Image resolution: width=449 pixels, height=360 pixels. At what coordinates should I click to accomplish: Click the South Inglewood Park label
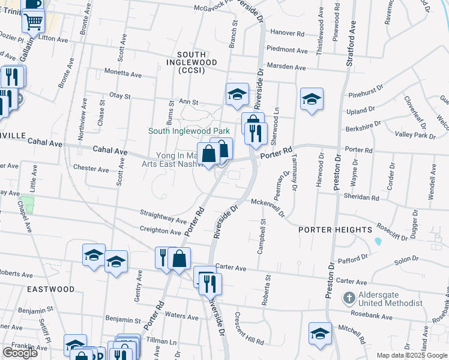tap(190, 131)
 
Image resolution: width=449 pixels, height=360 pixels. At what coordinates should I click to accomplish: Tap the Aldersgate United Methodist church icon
tap(349, 297)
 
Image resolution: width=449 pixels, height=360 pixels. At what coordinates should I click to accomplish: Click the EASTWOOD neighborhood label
tap(51, 289)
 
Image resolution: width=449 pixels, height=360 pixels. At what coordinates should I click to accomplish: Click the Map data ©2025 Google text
tap(412, 355)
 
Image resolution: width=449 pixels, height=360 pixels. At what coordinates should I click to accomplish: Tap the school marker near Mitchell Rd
tap(320, 334)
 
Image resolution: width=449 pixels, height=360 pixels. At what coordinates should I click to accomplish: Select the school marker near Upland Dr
tap(312, 100)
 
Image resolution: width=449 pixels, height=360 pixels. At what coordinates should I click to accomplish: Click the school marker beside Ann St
tap(237, 95)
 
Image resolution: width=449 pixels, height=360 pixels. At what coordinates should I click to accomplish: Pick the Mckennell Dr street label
tap(267, 206)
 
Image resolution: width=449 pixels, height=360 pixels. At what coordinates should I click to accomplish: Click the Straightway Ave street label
tap(164, 215)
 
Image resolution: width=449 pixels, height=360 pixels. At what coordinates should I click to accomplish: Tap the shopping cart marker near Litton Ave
tap(34, 22)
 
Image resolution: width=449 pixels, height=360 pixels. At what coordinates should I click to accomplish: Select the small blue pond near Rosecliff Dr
tap(378, 241)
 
